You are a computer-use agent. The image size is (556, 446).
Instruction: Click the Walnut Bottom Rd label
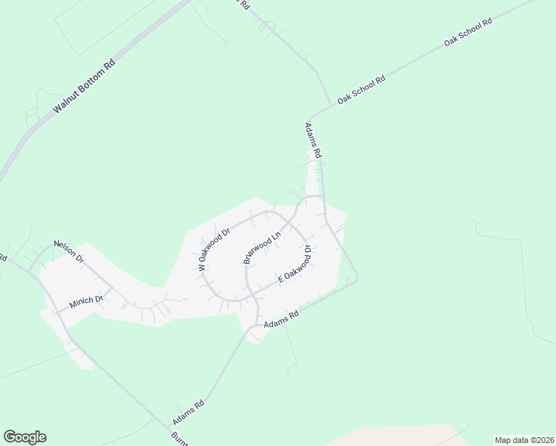tap(85, 86)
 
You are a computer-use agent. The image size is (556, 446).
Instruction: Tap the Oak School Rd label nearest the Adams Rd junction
tap(361, 90)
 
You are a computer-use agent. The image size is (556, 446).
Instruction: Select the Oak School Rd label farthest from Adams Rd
tap(468, 33)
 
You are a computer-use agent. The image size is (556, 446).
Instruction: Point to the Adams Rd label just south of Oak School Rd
tap(312, 140)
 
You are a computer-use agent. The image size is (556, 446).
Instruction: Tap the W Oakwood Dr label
tap(214, 249)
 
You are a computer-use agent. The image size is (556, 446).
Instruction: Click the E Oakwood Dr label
tap(294, 266)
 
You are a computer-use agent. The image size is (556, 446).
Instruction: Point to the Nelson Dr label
tap(68, 251)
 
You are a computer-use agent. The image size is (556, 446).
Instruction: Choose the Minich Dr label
tap(85, 301)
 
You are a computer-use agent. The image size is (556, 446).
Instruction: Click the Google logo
tap(25, 437)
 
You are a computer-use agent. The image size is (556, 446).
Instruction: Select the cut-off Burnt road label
tap(180, 439)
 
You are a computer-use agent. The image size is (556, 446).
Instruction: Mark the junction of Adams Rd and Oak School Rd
tap(330, 106)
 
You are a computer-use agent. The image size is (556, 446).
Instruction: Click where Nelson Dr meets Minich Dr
tap(111, 288)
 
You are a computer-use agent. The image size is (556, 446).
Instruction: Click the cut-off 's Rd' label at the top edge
tap(242, 4)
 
